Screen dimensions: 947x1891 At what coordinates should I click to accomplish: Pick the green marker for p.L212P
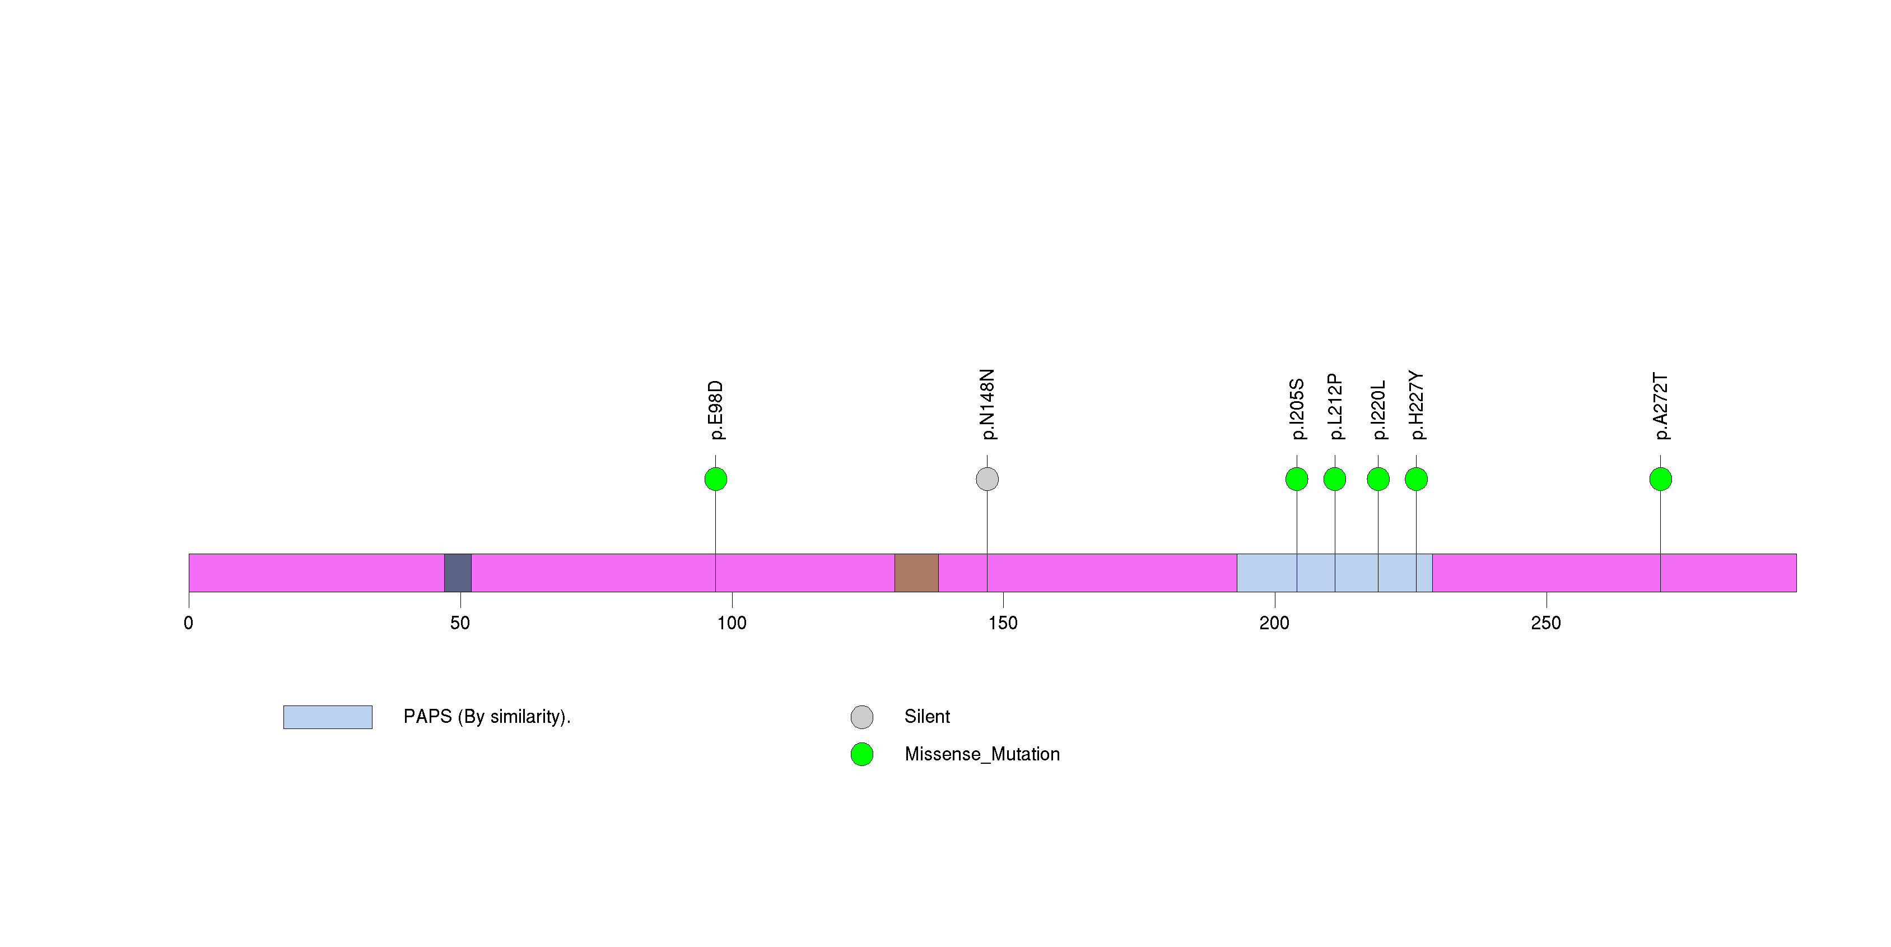(1335, 479)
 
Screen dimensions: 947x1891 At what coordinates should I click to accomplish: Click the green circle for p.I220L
(1378, 479)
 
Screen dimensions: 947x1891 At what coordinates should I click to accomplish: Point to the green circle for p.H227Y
(1416, 479)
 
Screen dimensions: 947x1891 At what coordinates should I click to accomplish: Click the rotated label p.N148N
(988, 405)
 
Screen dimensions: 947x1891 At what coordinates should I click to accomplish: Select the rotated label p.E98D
(716, 410)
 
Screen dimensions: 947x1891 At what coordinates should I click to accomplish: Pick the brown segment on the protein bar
(916, 573)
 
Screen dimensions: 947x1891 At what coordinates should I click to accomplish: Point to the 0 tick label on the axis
(189, 623)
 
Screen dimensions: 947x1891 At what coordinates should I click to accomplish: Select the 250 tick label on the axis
(1546, 623)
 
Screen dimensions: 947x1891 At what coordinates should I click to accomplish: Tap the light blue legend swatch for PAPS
(328, 717)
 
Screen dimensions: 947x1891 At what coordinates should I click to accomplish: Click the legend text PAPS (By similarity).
(487, 717)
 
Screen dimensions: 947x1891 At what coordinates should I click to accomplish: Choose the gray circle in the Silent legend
(862, 717)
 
